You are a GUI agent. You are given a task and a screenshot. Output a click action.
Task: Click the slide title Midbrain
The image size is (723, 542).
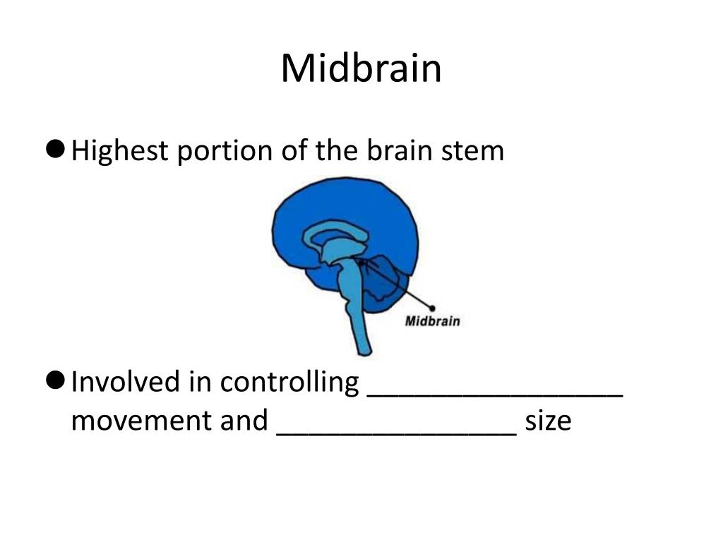point(361,68)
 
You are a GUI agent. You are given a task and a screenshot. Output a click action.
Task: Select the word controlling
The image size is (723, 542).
point(289,383)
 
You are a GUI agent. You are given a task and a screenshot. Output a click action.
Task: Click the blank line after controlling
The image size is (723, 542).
point(495,395)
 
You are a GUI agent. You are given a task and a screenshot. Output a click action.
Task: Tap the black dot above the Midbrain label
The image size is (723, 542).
point(432,308)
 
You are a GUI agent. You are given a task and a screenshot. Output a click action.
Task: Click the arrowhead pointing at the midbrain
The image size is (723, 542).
point(361,263)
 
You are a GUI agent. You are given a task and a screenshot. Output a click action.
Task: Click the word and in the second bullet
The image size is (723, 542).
point(246,421)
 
